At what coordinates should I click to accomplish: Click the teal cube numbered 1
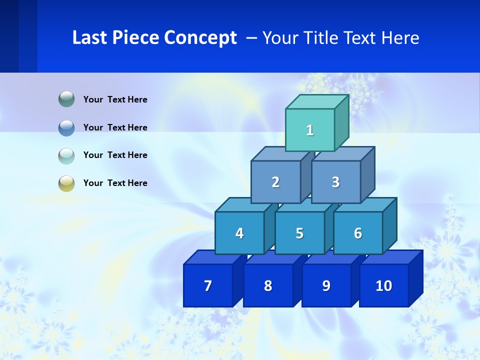[310, 130]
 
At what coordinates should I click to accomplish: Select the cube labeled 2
[275, 182]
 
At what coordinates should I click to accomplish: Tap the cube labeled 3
[335, 182]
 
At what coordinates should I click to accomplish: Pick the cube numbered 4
[239, 233]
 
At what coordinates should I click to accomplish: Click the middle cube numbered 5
[299, 233]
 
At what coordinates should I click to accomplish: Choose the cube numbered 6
[358, 233]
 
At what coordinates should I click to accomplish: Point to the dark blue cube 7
[208, 285]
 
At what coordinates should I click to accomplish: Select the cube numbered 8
[268, 285]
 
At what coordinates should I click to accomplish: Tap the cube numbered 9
[326, 285]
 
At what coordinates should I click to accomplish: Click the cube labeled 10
[384, 285]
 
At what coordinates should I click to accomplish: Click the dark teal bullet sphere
[66, 99]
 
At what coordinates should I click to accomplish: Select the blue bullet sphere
[66, 127]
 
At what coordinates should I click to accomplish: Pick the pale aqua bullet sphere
[66, 155]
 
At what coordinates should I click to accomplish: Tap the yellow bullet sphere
[66, 183]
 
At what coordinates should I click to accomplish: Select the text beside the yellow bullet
[115, 183]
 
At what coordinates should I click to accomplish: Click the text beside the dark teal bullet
[115, 99]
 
